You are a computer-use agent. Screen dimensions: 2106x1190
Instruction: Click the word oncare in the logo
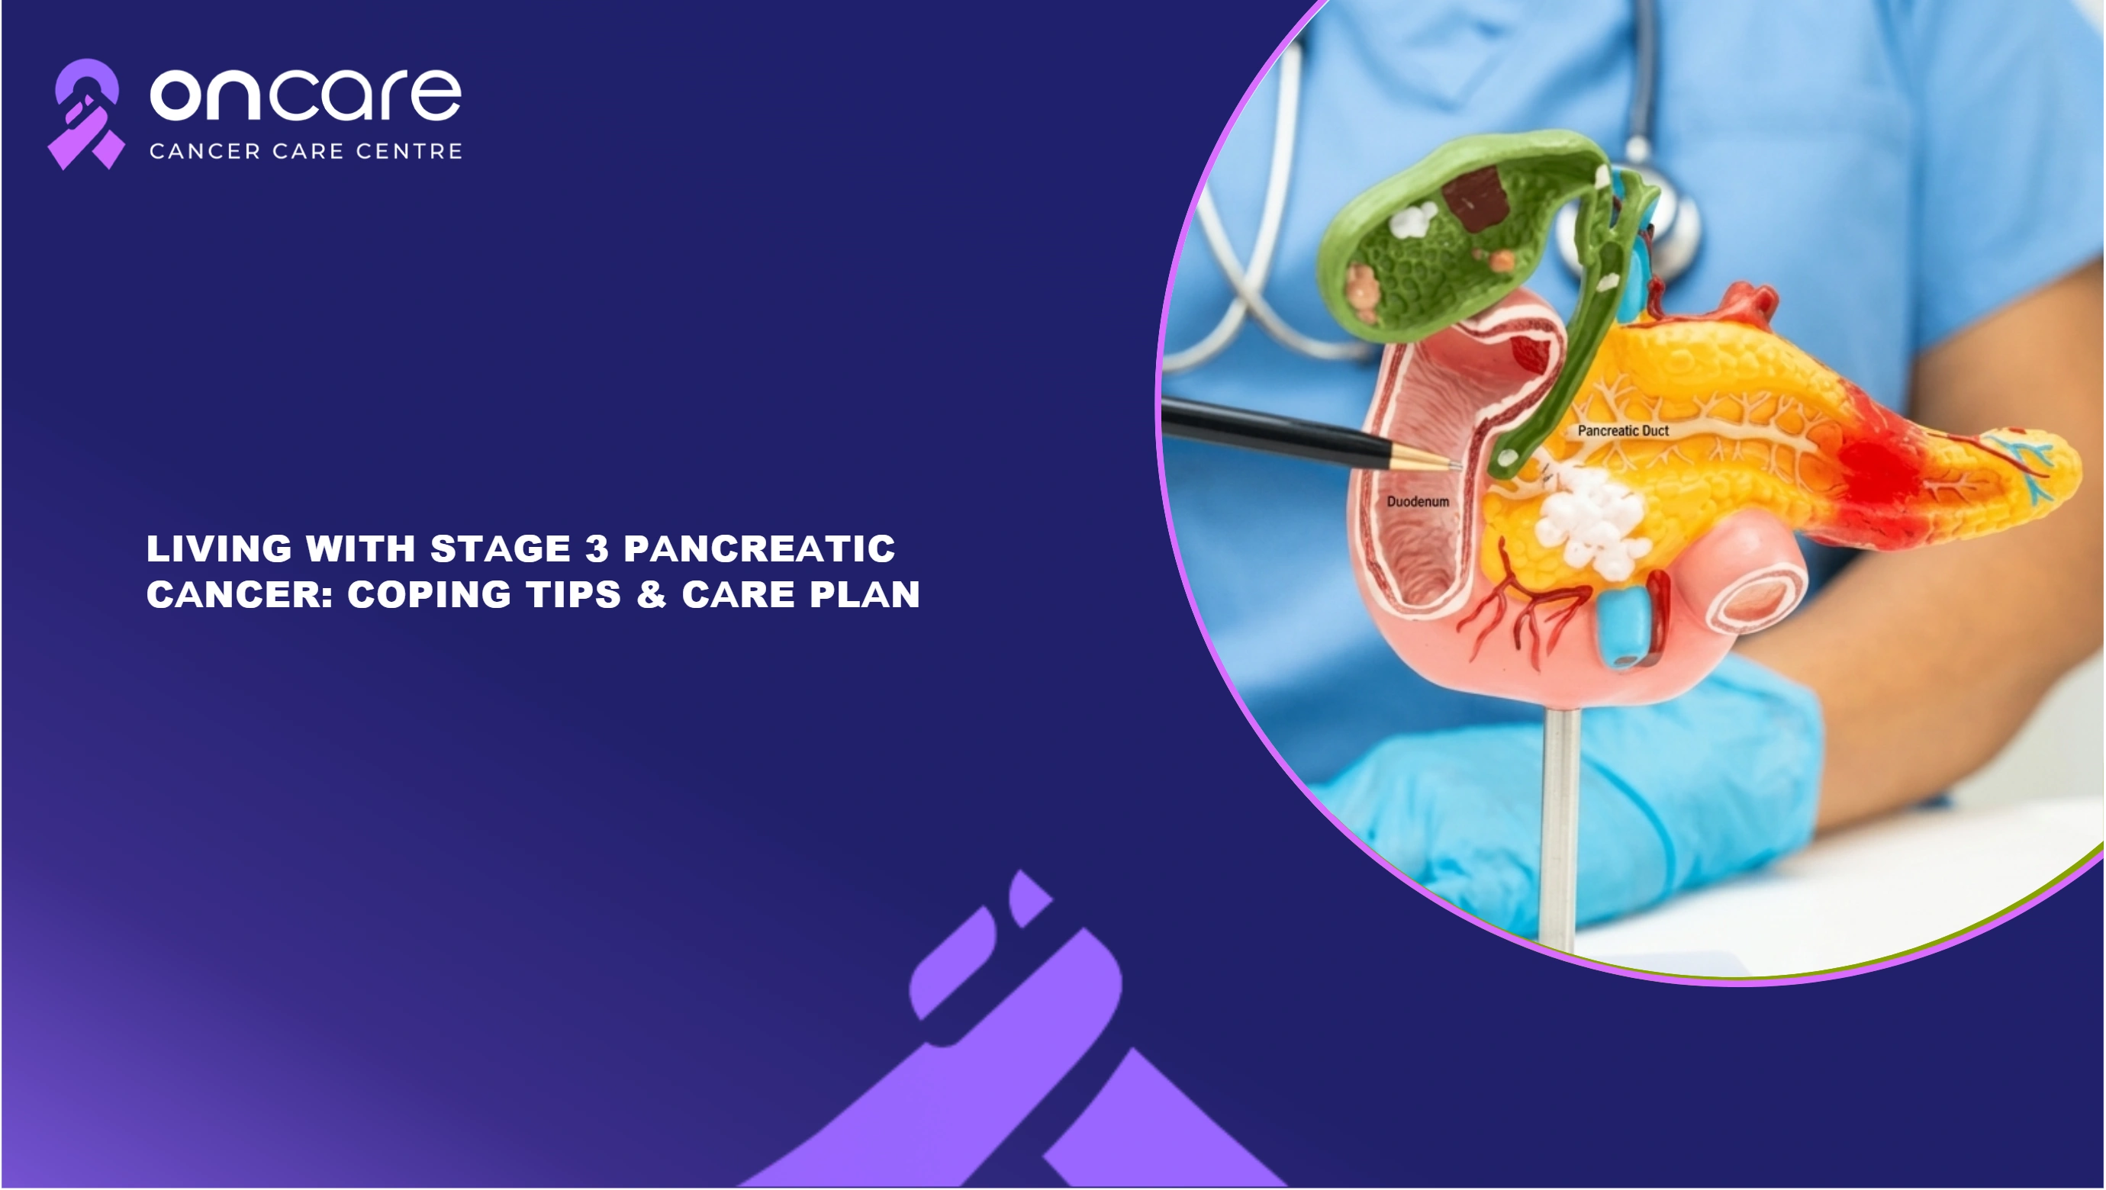(x=306, y=95)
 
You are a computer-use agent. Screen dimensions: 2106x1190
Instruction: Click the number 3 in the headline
(x=597, y=548)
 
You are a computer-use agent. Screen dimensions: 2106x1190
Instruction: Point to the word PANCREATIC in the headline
(x=759, y=548)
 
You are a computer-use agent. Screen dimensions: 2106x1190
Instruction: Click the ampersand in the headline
(x=652, y=594)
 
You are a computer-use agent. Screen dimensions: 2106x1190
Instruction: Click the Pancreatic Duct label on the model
(x=1623, y=431)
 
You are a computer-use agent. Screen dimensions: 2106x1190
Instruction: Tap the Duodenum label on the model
(x=1418, y=502)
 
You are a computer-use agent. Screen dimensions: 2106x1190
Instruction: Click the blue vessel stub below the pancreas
(x=1623, y=628)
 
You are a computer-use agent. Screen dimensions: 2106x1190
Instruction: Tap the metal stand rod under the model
(x=1557, y=825)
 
